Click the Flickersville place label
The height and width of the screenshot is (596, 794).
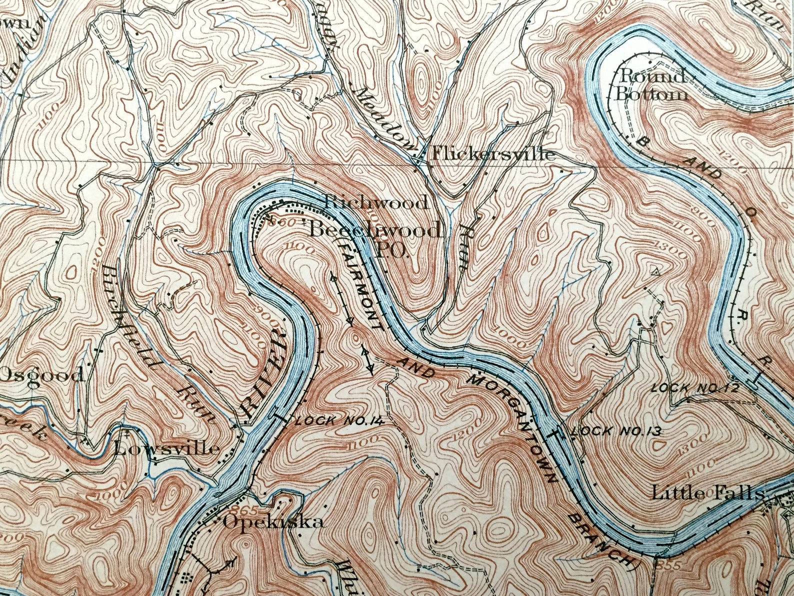(x=493, y=154)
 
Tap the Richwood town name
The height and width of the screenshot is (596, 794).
(x=376, y=203)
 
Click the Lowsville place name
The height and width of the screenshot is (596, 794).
(x=166, y=448)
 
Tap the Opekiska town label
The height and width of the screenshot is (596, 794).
(x=273, y=522)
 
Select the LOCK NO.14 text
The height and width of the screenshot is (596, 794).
(x=339, y=421)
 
